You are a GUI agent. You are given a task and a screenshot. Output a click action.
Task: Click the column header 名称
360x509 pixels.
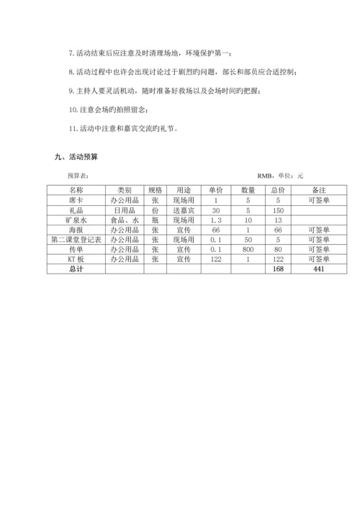[x=76, y=189]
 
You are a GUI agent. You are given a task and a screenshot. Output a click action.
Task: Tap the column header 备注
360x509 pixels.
[x=318, y=189]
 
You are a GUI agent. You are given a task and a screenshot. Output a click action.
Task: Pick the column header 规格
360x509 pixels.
[x=155, y=189]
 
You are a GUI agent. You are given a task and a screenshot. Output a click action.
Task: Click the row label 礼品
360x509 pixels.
[x=76, y=210]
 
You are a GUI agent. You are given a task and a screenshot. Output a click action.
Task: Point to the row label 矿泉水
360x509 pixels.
[x=76, y=219]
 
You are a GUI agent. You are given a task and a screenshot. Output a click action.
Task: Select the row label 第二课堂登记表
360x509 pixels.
[x=76, y=239]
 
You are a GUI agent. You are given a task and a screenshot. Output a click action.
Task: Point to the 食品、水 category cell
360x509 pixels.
[x=124, y=219]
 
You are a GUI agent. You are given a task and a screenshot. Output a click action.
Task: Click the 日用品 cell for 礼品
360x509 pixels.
[x=124, y=210]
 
